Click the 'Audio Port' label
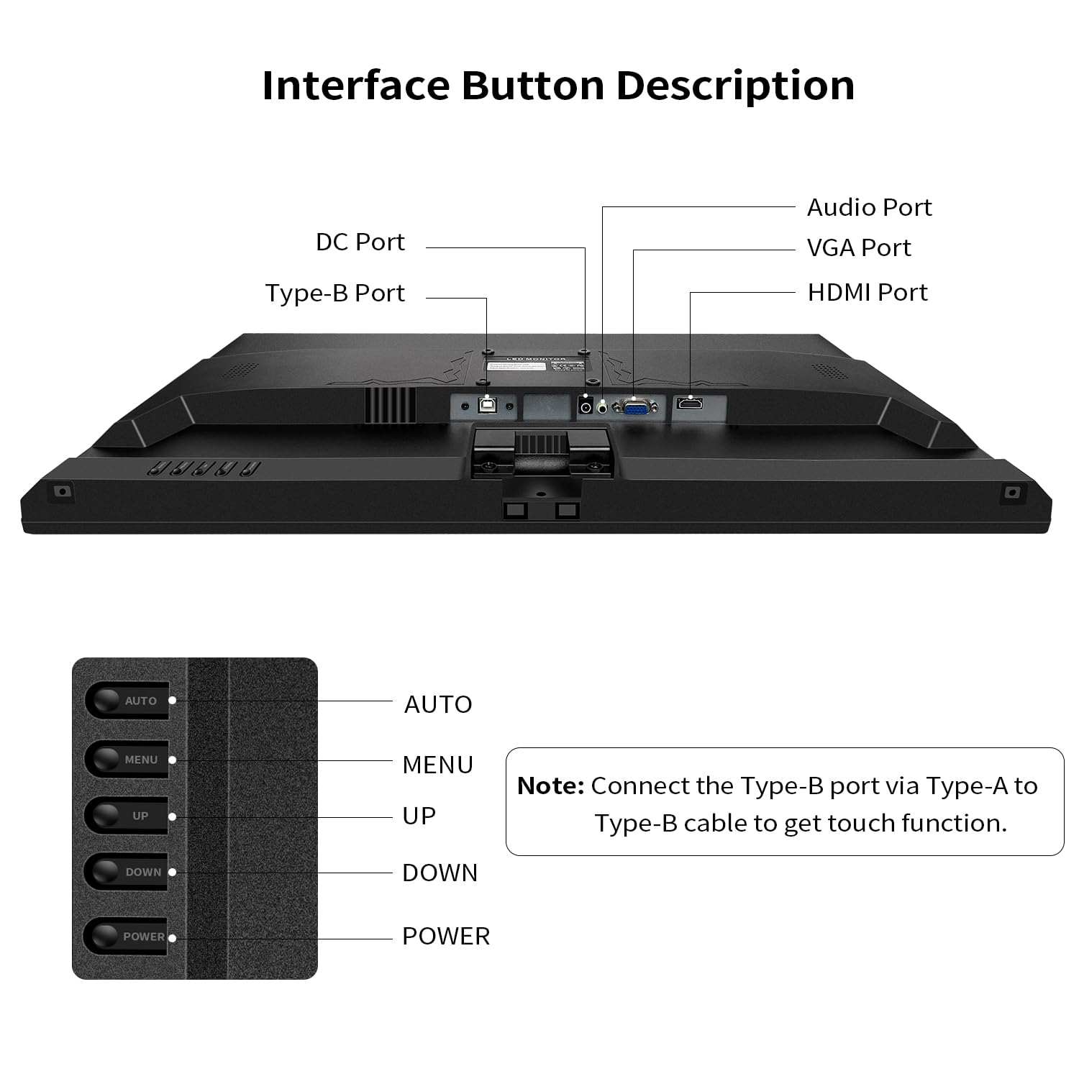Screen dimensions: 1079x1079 point(869,207)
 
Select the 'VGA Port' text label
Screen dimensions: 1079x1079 point(859,247)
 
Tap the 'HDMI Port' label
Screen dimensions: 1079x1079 point(868,292)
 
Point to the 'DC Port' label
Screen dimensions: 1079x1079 point(360,242)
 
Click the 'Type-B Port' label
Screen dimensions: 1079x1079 point(334,293)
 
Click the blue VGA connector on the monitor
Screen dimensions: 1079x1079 point(634,408)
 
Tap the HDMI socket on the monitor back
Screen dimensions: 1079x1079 point(690,404)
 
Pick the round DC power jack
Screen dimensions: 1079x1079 point(586,408)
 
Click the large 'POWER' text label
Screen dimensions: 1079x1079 point(446,936)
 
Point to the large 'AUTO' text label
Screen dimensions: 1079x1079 point(438,704)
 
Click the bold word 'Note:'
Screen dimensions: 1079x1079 point(550,786)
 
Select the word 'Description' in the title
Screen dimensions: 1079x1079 point(735,86)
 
